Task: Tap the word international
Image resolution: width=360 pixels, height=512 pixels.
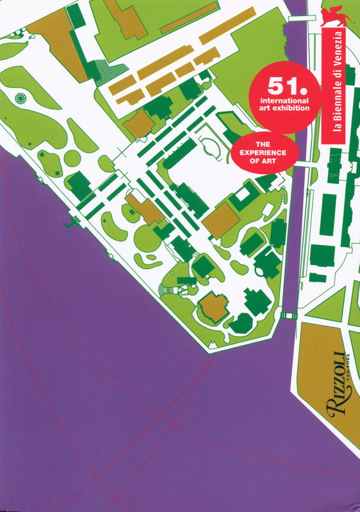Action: pos(279,101)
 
